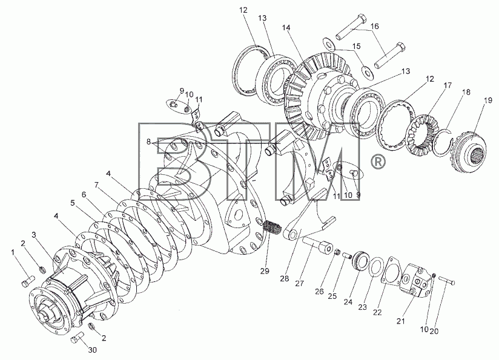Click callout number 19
488,100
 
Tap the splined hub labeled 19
469,152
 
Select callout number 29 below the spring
265,271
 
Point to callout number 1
13,252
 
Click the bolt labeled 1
28,281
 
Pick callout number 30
92,350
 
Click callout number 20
434,331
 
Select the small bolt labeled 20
447,281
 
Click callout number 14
286,28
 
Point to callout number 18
466,92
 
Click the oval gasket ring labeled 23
375,266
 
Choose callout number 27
299,283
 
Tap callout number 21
401,321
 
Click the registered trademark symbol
378,162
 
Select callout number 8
148,142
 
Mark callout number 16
375,26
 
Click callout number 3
34,235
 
